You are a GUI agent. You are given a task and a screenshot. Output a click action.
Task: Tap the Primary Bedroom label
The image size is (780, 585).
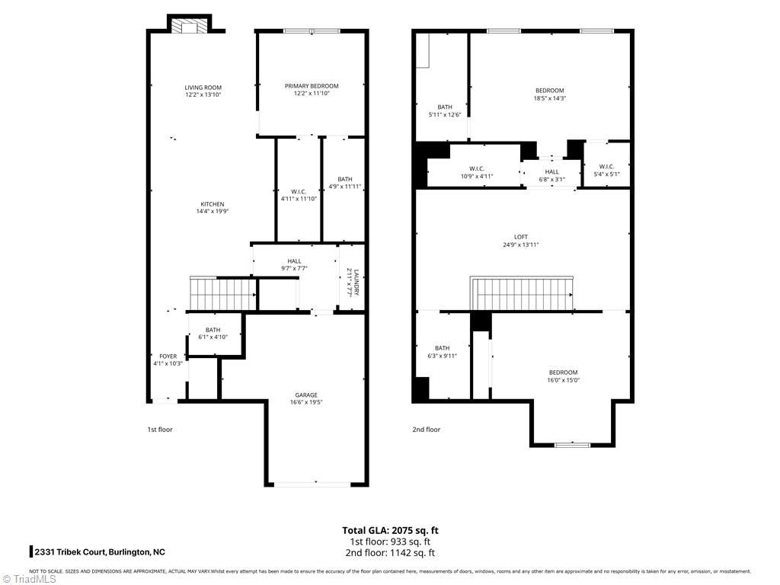click(312, 86)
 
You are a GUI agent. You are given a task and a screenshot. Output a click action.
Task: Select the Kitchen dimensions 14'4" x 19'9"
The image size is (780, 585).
click(212, 212)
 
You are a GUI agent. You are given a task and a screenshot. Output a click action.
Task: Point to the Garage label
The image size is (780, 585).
click(306, 395)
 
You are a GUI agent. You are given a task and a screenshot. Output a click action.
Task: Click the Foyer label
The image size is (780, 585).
click(168, 356)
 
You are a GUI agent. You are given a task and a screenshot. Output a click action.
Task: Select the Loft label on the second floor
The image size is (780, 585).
click(520, 237)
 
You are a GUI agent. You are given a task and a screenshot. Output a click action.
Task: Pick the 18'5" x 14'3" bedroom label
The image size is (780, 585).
click(549, 91)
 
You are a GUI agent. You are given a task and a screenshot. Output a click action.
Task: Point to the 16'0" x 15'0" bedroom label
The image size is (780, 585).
click(562, 372)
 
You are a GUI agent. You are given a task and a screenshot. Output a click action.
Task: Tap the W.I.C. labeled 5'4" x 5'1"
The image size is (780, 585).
click(606, 167)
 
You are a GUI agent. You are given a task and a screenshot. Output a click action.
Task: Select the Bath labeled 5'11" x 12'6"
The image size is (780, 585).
click(445, 107)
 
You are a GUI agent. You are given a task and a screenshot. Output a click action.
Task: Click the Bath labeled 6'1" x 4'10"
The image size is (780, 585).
click(212, 330)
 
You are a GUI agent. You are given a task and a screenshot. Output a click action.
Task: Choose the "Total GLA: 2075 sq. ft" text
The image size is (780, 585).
click(390, 530)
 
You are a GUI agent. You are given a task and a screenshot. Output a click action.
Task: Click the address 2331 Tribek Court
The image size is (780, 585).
click(99, 552)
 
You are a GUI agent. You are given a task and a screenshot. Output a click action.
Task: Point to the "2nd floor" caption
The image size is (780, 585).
click(427, 430)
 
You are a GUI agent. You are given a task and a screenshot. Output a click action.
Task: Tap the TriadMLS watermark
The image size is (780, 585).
click(29, 578)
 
